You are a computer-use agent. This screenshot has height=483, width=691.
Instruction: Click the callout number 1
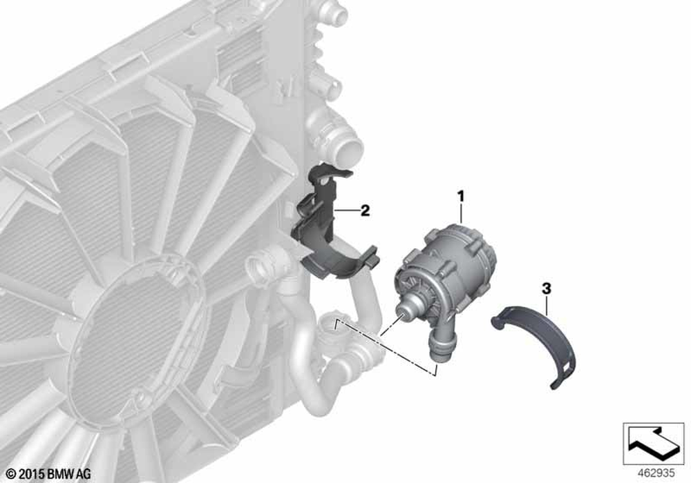point(461,196)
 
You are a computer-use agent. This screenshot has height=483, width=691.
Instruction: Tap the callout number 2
point(365,210)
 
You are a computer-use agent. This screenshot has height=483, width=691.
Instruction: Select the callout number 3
point(546,289)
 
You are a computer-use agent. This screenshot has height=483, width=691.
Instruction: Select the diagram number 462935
point(656,473)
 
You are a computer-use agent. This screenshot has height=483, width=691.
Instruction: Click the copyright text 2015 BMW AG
point(48,474)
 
